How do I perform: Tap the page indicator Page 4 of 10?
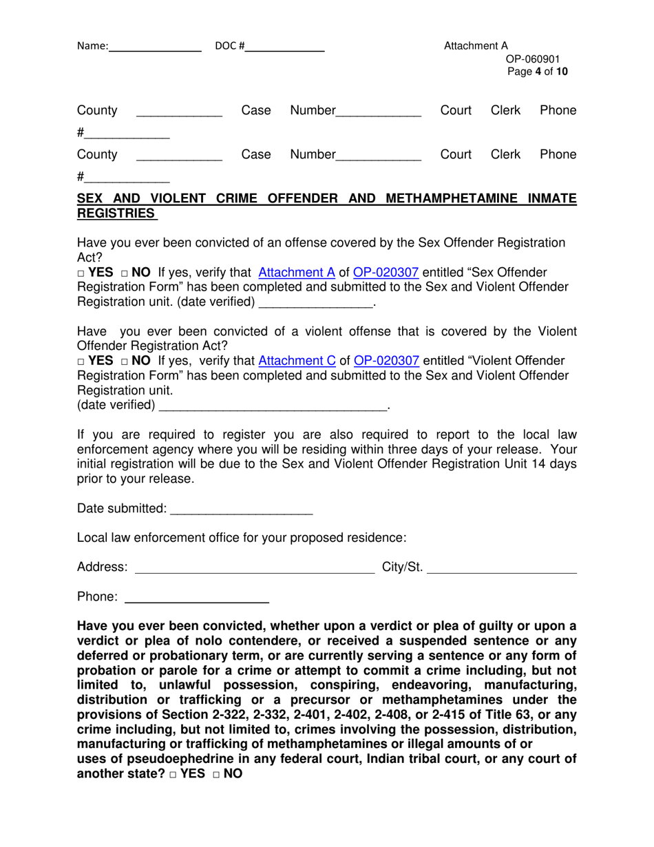[x=538, y=72]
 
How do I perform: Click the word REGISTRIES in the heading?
[x=116, y=214]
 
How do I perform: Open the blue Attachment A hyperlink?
[x=296, y=272]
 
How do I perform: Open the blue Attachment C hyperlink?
[x=296, y=361]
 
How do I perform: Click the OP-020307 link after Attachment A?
[x=386, y=272]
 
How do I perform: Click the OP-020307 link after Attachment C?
[x=386, y=361]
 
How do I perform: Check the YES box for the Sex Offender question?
[x=81, y=273]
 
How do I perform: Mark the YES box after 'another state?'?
[x=172, y=775]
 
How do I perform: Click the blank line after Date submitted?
[x=241, y=510]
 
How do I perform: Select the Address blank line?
[x=255, y=569]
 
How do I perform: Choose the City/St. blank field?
[x=502, y=569]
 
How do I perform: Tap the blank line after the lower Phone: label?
[x=196, y=598]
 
